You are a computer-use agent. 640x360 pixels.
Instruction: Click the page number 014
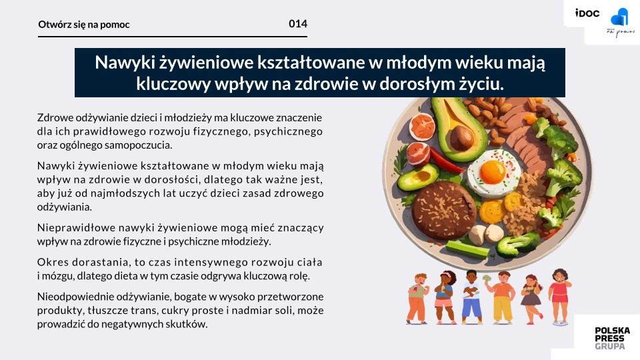coord(298,24)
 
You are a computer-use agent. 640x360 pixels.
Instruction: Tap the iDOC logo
coord(587,13)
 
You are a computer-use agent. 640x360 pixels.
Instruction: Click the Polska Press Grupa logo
coord(612,338)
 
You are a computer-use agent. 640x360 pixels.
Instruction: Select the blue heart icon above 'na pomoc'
coord(619,17)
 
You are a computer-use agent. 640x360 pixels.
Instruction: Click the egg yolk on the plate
coord(493,171)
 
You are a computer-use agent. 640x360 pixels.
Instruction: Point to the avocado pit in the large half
coord(462,137)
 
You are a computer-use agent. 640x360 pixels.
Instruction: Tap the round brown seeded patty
coord(444,209)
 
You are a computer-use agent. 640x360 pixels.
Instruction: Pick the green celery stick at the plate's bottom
coord(467,249)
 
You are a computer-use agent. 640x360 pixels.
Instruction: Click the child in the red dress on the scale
coord(559,297)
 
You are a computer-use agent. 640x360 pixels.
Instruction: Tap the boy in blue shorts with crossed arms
coord(471,297)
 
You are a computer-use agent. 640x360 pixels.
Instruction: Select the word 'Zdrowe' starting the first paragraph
coord(52,117)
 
